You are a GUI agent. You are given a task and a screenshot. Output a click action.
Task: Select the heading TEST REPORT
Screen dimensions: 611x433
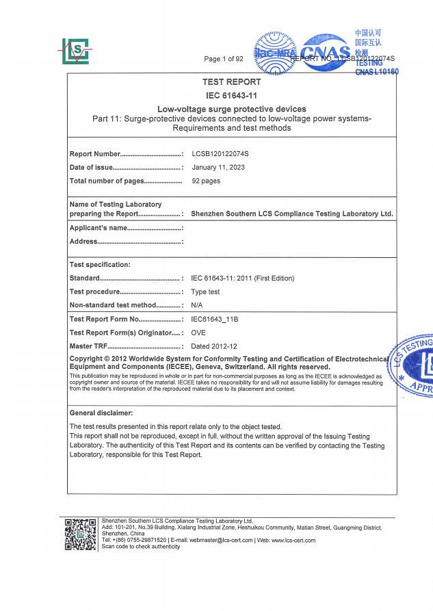231,82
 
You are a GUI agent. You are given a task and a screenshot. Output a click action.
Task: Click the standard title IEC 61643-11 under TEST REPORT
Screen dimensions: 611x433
231,95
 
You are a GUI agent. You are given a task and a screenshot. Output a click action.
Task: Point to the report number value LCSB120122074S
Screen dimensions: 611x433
220,154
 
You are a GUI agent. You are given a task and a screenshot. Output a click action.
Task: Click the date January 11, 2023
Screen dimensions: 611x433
218,168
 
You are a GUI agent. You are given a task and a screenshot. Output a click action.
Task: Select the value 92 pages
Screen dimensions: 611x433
206,181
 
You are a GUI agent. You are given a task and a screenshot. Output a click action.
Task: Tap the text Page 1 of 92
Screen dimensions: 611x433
224,59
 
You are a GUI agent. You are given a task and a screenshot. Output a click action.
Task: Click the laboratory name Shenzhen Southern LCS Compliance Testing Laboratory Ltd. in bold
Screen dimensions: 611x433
292,214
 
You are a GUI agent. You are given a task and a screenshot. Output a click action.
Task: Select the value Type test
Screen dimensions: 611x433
208,291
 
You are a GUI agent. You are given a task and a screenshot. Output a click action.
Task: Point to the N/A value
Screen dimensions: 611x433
197,305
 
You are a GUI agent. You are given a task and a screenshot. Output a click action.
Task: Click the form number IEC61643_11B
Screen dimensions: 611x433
215,320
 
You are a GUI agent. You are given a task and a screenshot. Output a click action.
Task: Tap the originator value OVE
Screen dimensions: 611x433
198,333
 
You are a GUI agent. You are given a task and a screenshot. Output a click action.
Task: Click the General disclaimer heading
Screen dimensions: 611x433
101,413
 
